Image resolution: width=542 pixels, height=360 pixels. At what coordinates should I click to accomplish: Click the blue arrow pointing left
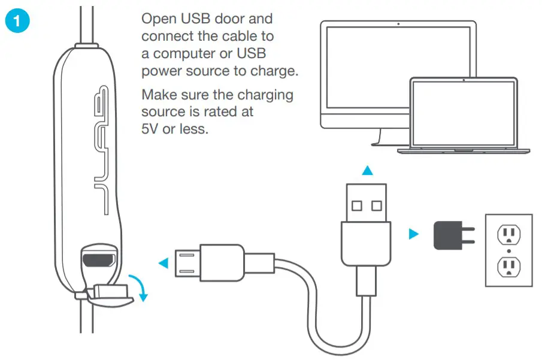162,262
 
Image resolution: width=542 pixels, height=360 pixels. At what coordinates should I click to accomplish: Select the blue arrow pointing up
368,171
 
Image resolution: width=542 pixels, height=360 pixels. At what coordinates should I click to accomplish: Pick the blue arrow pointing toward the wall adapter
413,234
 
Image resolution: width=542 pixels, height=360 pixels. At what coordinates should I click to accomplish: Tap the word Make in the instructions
159,95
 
